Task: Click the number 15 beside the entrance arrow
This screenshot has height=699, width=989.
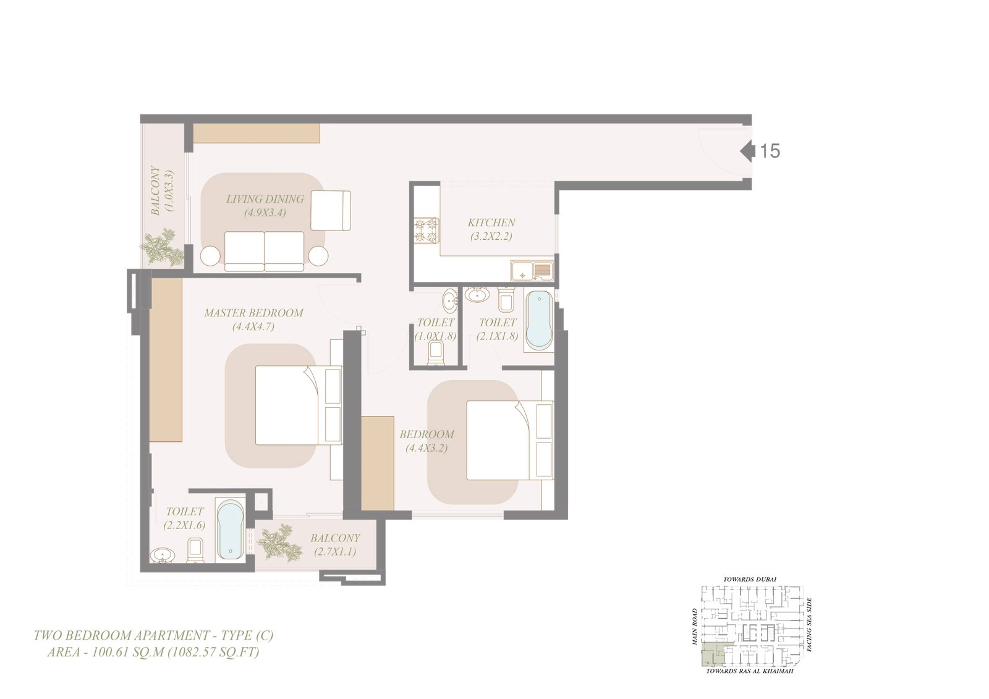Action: (770, 151)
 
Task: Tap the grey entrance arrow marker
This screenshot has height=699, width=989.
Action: (747, 151)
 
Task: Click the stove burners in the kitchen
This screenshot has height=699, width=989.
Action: (427, 231)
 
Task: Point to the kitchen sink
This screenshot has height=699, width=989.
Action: (532, 271)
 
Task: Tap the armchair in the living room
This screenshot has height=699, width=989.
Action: (331, 210)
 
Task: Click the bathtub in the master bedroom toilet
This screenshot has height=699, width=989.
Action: (231, 530)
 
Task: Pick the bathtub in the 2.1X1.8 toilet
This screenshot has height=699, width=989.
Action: (539, 320)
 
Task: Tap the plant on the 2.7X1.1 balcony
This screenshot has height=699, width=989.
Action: (279, 543)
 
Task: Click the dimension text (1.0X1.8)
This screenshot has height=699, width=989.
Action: (435, 336)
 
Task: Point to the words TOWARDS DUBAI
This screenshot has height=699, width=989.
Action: (750, 579)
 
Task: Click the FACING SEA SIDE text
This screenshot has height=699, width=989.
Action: (809, 625)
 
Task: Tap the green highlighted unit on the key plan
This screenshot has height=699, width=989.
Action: (711, 655)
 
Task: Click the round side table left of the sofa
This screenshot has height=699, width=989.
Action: (210, 255)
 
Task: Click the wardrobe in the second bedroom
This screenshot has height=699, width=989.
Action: (378, 462)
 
